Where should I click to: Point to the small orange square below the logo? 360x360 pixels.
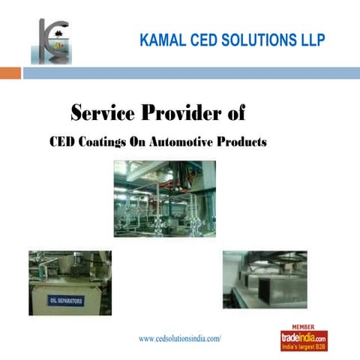tap(10, 73)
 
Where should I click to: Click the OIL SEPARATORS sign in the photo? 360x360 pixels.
tap(67, 300)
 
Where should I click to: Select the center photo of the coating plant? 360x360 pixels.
tap(165, 199)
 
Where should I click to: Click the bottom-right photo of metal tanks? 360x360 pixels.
tap(265, 279)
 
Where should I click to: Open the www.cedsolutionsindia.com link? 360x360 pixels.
tap(180, 339)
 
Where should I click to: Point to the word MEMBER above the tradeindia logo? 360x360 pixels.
tap(304, 328)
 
